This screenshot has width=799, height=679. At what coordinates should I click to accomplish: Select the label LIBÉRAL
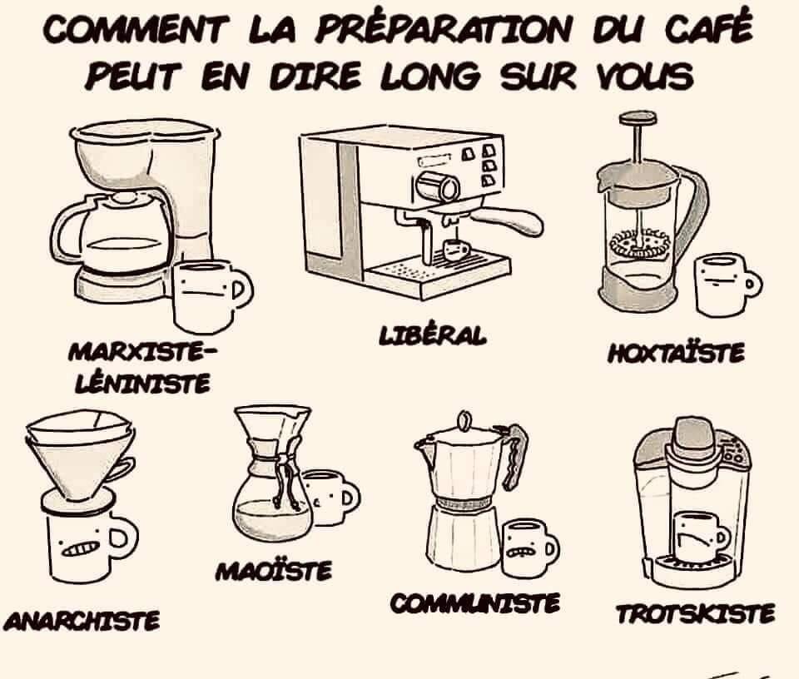point(433,336)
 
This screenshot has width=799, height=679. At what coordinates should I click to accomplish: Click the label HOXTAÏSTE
point(676,353)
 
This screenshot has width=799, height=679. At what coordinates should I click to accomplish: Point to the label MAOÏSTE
point(274,571)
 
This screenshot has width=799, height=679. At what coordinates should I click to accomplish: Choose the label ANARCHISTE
point(82,621)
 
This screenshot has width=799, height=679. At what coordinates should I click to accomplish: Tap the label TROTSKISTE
point(695,613)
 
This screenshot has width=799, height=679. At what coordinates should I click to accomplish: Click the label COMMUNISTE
point(475,603)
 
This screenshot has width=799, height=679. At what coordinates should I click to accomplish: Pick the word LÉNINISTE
point(142,383)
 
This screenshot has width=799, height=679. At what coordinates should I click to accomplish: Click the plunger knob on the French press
point(638,119)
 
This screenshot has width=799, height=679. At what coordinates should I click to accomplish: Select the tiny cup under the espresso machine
point(455,250)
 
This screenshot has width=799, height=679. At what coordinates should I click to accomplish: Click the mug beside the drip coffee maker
point(211,296)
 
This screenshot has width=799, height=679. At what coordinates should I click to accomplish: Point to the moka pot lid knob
point(464,421)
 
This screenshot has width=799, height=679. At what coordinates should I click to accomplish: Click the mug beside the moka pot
point(530,548)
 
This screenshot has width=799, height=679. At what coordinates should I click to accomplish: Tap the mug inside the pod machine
point(700,537)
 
